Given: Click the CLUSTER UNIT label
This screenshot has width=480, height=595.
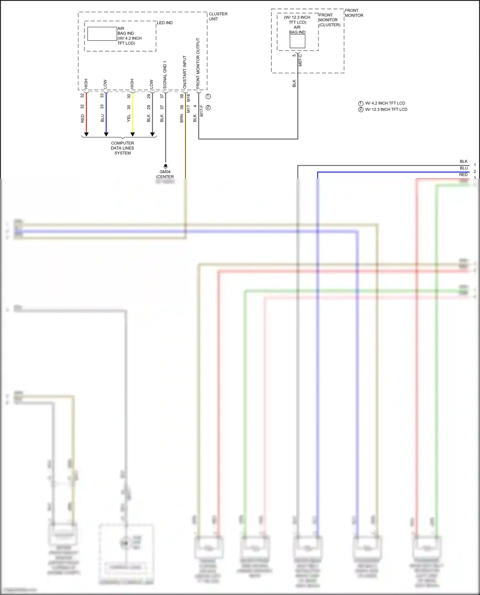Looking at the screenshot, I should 218,16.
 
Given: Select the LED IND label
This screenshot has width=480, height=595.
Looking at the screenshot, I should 164,23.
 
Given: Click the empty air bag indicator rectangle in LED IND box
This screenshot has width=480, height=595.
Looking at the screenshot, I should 102,34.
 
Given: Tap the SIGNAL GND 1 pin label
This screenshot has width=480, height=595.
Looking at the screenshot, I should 165,75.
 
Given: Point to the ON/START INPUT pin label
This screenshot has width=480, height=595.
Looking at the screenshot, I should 185,72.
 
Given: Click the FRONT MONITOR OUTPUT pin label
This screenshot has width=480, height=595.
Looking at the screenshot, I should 198,63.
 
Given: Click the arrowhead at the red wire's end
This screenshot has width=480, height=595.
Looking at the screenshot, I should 86,134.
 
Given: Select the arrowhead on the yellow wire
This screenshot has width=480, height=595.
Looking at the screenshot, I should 132,134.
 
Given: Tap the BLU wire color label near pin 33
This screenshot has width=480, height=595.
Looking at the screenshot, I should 102,118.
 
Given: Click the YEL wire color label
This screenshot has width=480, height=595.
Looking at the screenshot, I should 129,118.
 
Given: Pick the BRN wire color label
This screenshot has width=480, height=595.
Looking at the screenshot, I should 181,118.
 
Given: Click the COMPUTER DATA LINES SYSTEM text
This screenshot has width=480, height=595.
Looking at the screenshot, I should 123,148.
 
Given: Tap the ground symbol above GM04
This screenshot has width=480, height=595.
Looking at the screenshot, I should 165,166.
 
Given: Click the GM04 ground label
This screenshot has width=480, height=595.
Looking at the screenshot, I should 165,172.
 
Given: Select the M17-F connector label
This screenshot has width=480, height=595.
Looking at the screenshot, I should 202,111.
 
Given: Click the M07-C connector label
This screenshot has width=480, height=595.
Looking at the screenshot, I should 300,60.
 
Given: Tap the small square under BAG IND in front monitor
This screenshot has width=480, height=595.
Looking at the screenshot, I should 297,41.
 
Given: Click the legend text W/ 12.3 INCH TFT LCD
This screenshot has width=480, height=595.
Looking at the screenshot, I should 386,109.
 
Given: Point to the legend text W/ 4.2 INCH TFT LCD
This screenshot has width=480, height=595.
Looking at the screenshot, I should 385,103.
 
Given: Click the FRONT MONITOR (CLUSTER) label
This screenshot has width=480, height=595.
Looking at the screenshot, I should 330,20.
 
